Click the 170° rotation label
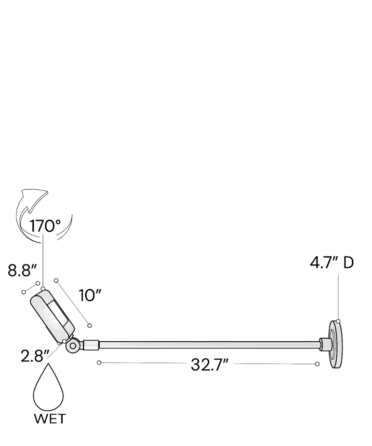tap(45, 226)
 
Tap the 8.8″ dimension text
tap(23, 270)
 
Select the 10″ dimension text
tap(90, 295)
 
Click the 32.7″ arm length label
tap(210, 365)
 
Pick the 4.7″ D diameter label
tap(332, 262)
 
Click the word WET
tap(50, 419)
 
